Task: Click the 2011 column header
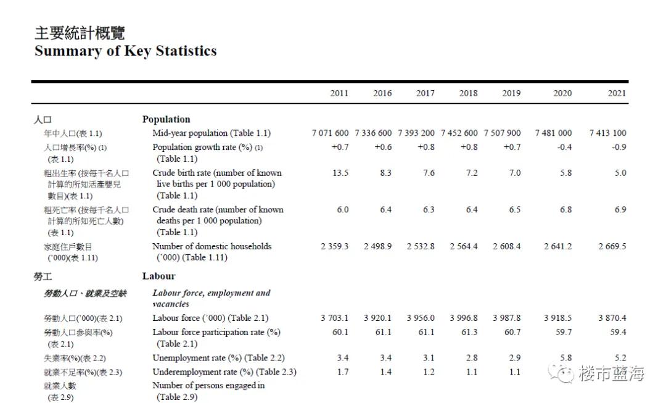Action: [339, 93]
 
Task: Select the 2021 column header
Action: [616, 93]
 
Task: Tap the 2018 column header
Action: [468, 93]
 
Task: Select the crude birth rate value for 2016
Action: [385, 173]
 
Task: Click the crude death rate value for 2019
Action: [514, 209]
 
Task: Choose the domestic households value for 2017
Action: [421, 246]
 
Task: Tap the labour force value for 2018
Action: [464, 318]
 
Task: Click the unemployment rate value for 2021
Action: [620, 358]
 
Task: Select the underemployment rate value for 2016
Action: [385, 372]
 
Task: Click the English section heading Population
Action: [166, 119]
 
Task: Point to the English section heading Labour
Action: [158, 276]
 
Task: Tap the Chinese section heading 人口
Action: [43, 119]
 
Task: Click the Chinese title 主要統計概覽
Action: [80, 33]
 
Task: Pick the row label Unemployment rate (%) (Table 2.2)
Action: [218, 358]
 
